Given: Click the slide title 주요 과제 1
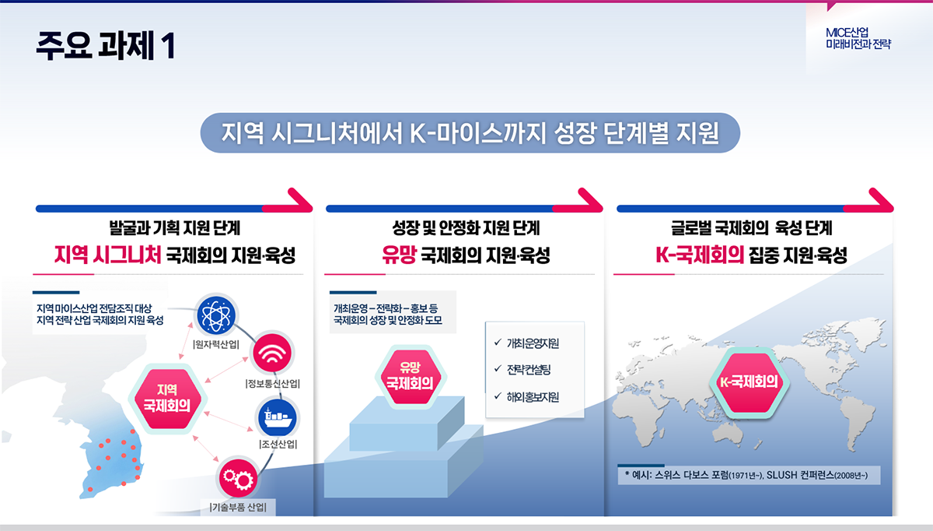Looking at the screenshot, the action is coord(106,45).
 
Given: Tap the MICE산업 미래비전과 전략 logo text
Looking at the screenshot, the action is coord(858,38).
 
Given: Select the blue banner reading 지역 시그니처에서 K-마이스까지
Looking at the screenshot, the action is coord(470,132).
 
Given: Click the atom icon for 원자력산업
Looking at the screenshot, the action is coord(216,315).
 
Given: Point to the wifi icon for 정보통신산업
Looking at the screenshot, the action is coord(272,353).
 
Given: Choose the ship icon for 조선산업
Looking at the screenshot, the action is coord(278,418).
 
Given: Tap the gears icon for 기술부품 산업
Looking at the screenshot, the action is coord(238,478).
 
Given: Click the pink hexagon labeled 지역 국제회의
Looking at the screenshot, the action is coord(167,399).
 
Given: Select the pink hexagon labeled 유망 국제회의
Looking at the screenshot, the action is coord(411,377).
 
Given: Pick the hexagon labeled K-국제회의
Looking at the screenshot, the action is coord(749,382).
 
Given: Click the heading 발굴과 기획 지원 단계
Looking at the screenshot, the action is coord(174,228).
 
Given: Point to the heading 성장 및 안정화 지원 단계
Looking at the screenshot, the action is coord(466,228).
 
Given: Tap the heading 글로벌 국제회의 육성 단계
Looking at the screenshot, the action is coord(751,228).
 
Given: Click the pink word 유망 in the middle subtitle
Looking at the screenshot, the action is coord(399,255).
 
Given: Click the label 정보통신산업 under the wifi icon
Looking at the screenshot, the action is coord(272,383).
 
